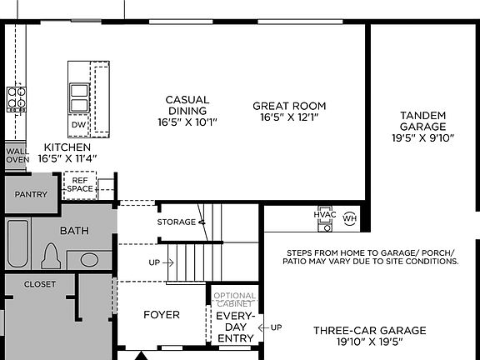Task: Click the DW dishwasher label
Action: pyautogui.click(x=78, y=125)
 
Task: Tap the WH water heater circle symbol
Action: pyautogui.click(x=348, y=218)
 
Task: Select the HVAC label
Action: pyautogui.click(x=325, y=214)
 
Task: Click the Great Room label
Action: pyautogui.click(x=289, y=112)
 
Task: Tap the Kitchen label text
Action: pyautogui.click(x=67, y=152)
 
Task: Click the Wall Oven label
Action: pyautogui.click(x=17, y=155)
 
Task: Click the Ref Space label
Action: pyautogui.click(x=80, y=184)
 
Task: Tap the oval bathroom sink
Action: pyautogui.click(x=97, y=258)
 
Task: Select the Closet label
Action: pyautogui.click(x=39, y=284)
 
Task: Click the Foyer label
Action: pyautogui.click(x=161, y=315)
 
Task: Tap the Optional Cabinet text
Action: pyautogui.click(x=235, y=300)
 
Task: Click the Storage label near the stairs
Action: pyautogui.click(x=175, y=222)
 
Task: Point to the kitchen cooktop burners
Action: pyautogui.click(x=17, y=98)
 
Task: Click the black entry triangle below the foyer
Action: pyautogui.click(x=141, y=355)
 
